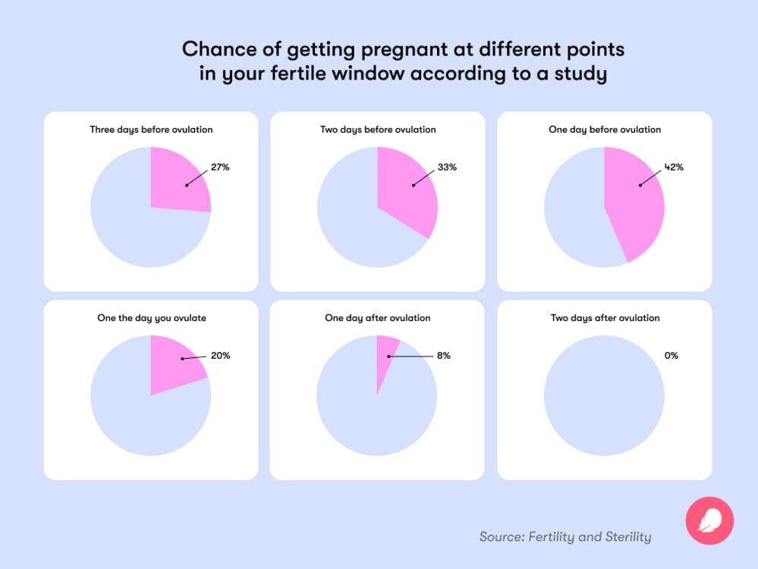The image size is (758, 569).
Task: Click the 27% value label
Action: point(221,167)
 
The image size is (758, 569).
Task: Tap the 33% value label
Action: point(447,167)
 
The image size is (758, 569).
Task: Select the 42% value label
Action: point(674,167)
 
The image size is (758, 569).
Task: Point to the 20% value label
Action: point(220,355)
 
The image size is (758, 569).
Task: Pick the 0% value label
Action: point(671,355)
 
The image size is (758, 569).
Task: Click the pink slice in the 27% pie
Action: point(178,182)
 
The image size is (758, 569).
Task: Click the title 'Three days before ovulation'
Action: point(151,130)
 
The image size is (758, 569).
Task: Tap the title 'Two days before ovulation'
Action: point(378,130)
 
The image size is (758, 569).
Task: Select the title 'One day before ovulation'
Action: point(605,130)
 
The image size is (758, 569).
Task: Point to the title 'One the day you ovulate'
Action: point(151,318)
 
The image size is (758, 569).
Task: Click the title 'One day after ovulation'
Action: point(377,318)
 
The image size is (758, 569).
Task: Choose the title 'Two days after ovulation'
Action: point(605,318)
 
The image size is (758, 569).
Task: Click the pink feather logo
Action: point(709,520)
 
